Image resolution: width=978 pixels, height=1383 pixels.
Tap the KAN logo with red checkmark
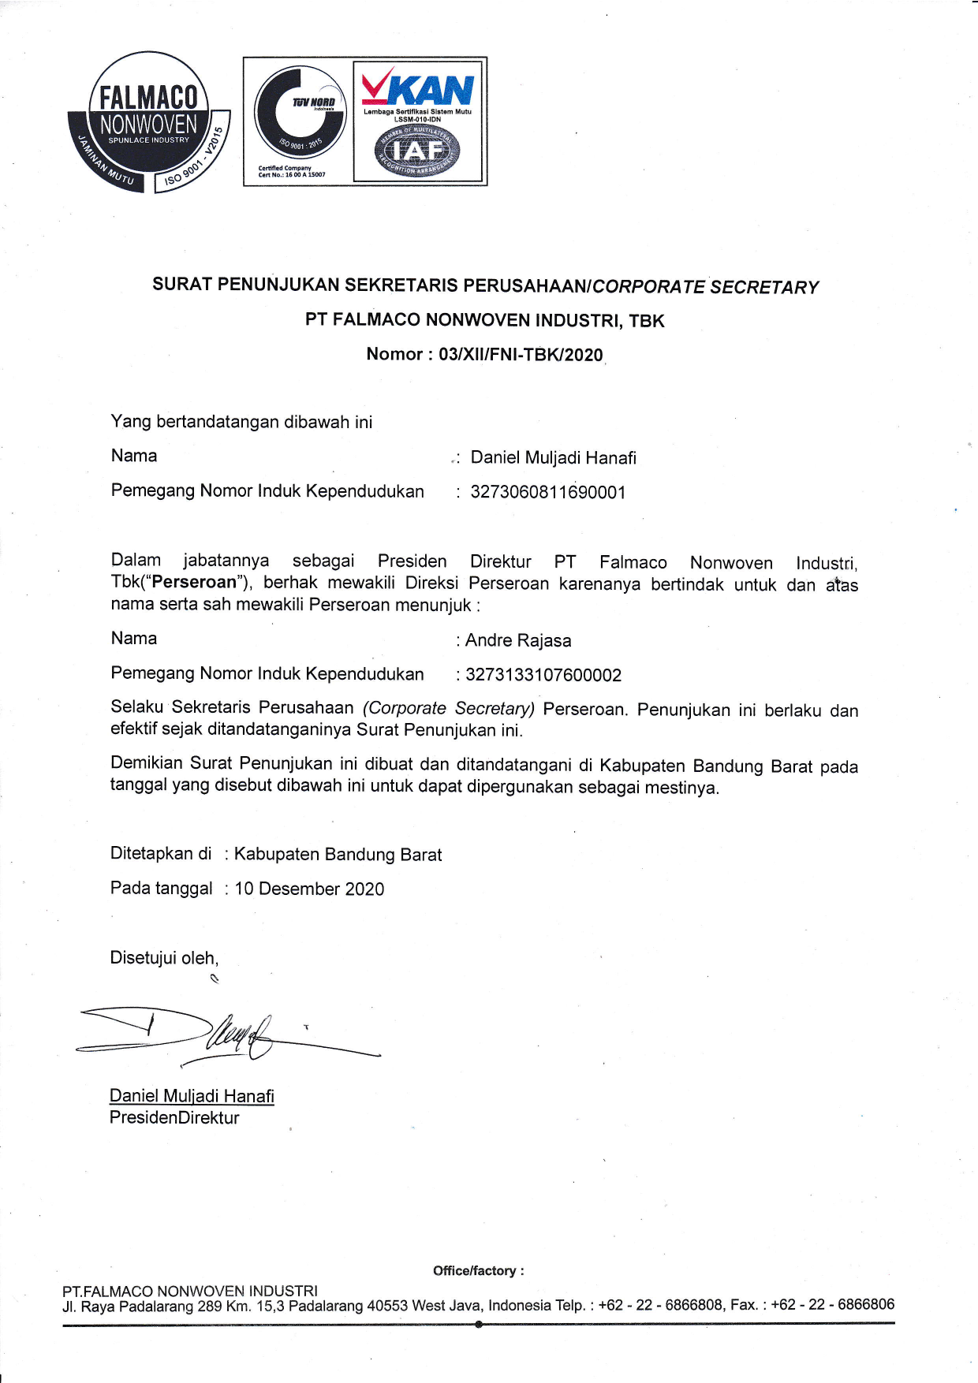[x=417, y=88]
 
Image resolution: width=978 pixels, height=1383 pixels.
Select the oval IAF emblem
[x=417, y=150]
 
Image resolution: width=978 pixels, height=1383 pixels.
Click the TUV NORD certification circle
[x=300, y=112]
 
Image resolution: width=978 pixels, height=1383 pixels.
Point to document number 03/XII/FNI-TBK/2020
[x=521, y=355]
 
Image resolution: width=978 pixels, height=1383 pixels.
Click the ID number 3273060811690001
[x=548, y=493]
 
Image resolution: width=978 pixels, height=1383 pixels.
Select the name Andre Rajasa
[x=518, y=640]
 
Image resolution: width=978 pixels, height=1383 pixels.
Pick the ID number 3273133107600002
[x=543, y=675]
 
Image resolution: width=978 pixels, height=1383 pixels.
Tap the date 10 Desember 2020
[x=309, y=889]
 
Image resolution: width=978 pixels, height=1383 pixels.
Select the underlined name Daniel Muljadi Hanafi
[x=192, y=1096]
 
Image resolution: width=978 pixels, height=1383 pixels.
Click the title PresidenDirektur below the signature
[x=174, y=1117]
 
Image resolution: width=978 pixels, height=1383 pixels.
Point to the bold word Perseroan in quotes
[x=194, y=583]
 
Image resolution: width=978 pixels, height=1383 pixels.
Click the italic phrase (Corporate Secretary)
[x=449, y=708]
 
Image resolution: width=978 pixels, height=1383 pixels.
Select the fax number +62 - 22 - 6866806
[x=833, y=1304]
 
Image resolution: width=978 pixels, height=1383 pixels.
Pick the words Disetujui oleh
[x=164, y=958]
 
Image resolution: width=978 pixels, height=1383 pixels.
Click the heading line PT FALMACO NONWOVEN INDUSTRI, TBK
[x=484, y=320]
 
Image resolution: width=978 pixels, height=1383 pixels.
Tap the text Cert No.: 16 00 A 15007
[x=292, y=175]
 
